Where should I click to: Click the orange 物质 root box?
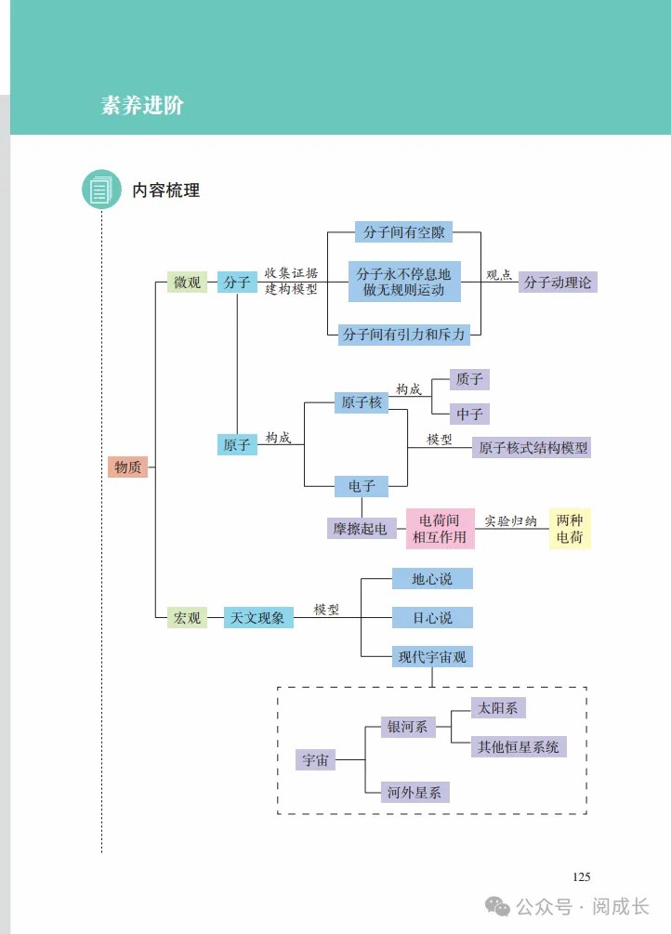[x=127, y=467]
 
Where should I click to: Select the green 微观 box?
[x=187, y=283]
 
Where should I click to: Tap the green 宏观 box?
[x=187, y=618]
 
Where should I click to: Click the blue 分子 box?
[x=237, y=283]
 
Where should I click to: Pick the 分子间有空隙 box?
[x=403, y=231]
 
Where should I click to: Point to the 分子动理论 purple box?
[x=558, y=283]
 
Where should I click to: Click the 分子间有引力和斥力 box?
[x=403, y=335]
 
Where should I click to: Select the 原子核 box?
[x=362, y=402]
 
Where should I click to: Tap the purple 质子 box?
[x=469, y=379]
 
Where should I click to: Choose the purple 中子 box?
[x=469, y=414]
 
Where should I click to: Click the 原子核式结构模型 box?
[x=532, y=447]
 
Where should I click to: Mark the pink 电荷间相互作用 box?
[x=441, y=529]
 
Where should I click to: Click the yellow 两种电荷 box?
[x=570, y=529]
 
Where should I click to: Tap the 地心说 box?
[x=432, y=578]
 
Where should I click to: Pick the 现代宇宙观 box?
[x=432, y=656]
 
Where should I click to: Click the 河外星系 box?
[x=415, y=792]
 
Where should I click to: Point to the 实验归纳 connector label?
[x=511, y=521]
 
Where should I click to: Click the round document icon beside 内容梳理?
[x=101, y=190]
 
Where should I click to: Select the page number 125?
[x=581, y=876]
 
